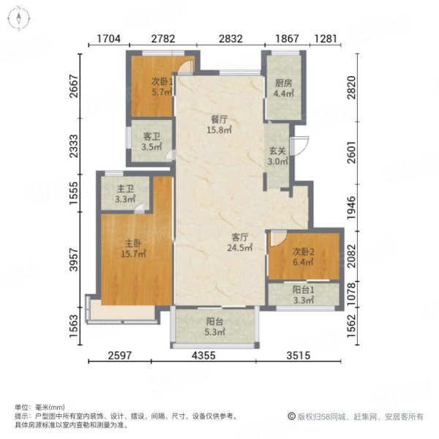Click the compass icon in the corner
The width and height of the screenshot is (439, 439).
19,19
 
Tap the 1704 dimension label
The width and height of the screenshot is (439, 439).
108,39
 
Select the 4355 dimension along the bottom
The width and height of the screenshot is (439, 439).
203,356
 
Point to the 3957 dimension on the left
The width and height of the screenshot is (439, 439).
74,260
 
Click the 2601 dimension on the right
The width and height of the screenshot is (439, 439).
352,153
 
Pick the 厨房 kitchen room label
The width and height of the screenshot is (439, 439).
284,83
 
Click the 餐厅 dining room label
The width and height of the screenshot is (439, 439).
219,119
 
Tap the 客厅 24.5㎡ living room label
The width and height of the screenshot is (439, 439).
240,242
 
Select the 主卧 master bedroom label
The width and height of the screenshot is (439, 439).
133,244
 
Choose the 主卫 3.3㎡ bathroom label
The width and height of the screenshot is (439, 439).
125,194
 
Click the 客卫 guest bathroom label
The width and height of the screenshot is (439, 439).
151,137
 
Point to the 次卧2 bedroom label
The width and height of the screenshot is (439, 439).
304,252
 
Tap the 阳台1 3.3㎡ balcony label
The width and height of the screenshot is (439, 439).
304,295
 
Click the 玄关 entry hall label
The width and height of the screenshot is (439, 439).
277,151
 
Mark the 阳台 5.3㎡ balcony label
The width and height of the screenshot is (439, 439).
214,326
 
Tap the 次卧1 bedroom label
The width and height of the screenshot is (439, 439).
162,82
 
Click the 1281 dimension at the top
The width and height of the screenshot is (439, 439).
325,39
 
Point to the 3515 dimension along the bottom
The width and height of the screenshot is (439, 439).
299,356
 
